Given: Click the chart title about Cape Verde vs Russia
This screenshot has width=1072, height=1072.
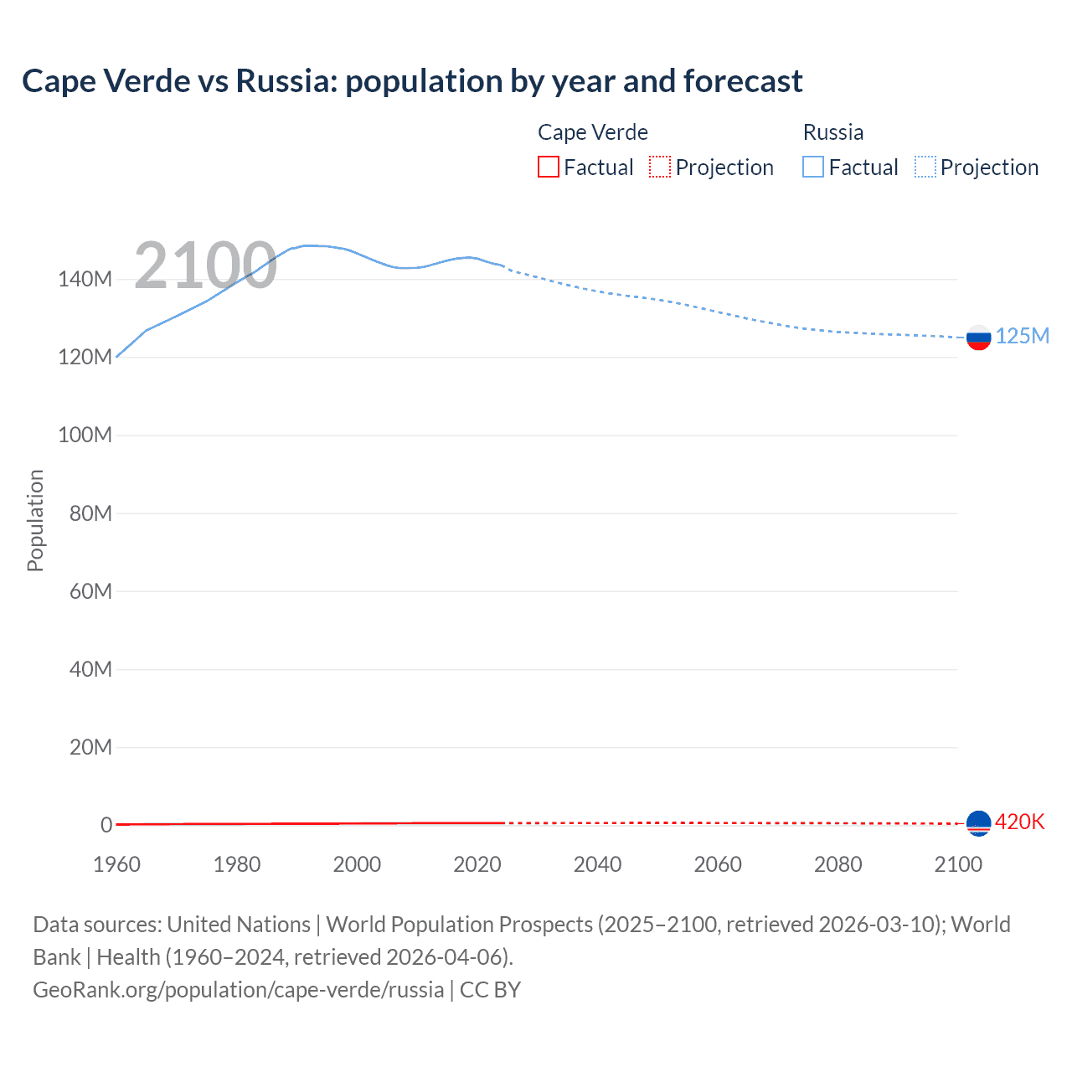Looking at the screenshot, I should [x=412, y=81].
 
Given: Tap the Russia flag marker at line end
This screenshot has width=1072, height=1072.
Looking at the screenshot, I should [x=978, y=338].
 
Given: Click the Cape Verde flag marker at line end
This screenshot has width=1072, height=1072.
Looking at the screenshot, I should [x=978, y=823].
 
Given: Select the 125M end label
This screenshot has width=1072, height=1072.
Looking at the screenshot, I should [x=1022, y=336].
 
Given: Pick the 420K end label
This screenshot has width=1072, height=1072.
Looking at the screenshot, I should [x=1019, y=822].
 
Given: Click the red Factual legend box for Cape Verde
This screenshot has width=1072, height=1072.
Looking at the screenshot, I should [x=548, y=167].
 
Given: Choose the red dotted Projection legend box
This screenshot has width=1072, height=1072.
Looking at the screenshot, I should [x=660, y=167].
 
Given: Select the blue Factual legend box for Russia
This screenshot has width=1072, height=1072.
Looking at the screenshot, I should [x=813, y=167].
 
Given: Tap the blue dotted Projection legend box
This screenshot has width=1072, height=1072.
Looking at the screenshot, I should [x=925, y=167].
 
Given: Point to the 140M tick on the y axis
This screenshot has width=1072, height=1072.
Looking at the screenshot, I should [x=85, y=279].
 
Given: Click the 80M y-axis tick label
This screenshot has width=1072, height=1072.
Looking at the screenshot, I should [x=90, y=513].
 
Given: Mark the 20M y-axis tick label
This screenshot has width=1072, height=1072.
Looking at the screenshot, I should [x=90, y=747].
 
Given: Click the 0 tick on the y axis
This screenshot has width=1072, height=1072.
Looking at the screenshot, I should [x=106, y=825].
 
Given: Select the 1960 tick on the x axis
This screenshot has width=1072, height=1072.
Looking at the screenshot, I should [x=116, y=864].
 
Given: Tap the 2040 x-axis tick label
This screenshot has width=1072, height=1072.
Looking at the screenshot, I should [x=597, y=864].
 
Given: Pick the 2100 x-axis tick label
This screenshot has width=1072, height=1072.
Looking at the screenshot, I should [x=958, y=864].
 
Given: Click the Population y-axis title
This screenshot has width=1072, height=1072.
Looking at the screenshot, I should [x=35, y=520].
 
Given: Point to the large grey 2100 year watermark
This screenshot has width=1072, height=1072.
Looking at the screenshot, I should [x=205, y=265].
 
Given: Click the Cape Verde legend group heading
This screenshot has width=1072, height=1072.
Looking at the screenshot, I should [x=593, y=132].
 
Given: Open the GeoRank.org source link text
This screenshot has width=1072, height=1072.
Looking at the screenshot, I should [x=238, y=990].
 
